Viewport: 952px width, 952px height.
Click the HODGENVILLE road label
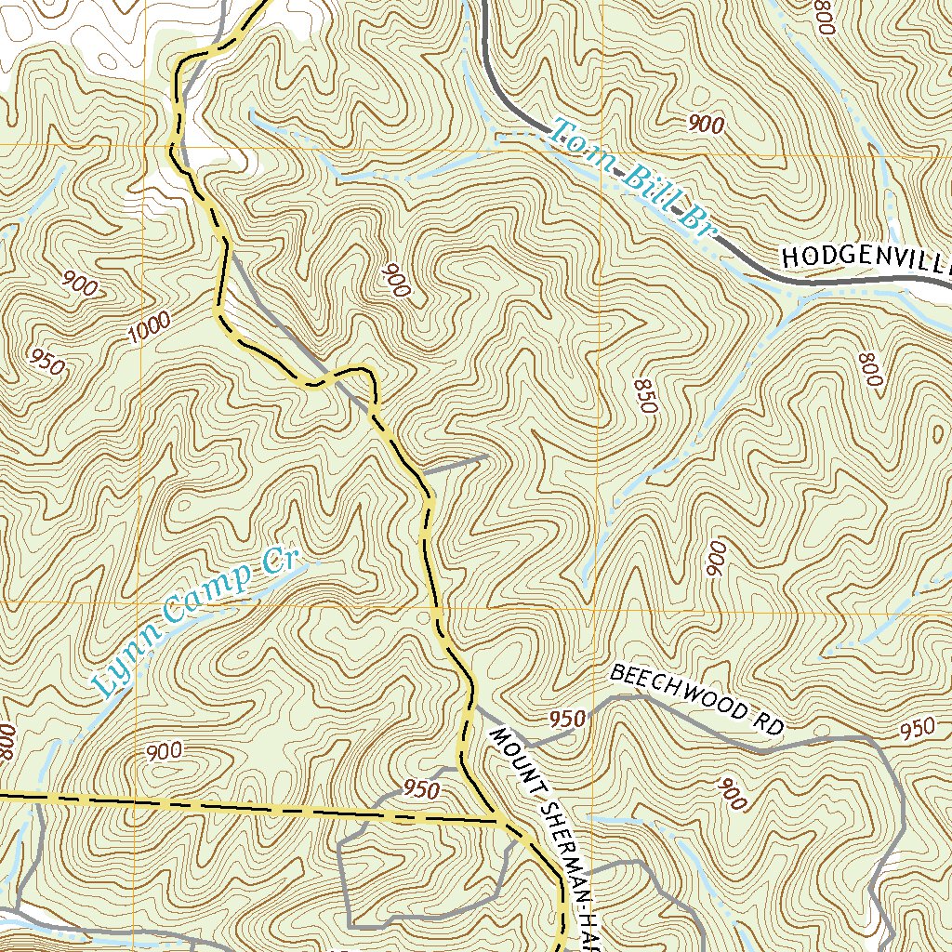click(865, 258)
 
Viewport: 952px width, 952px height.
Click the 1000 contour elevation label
click(150, 326)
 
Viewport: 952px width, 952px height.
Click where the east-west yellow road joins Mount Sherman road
click(500, 822)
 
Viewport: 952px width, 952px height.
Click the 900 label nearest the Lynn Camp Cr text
click(164, 751)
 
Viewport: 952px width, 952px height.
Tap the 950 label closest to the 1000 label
click(47, 363)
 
